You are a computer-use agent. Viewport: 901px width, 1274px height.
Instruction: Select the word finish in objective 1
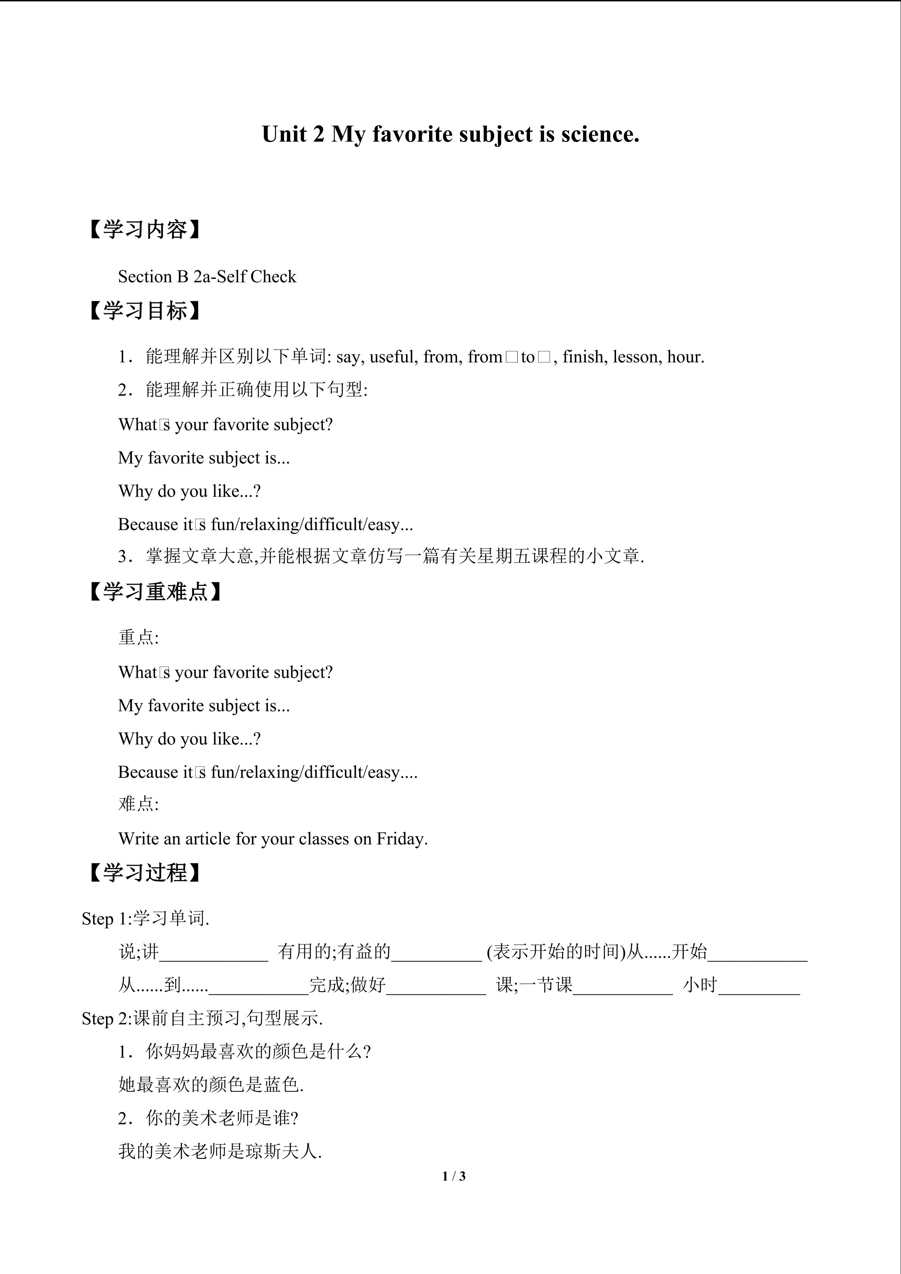[x=582, y=357]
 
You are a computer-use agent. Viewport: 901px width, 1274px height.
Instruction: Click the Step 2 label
[x=106, y=1019]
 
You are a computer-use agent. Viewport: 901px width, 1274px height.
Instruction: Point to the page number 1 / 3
[x=454, y=1176]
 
